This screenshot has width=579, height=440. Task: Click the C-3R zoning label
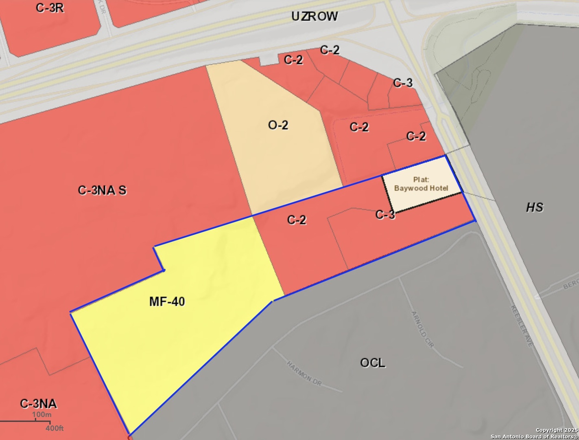point(50,8)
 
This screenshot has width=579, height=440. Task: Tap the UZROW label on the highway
point(315,16)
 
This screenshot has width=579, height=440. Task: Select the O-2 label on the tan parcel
point(278,125)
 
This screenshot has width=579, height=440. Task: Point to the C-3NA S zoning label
point(102,190)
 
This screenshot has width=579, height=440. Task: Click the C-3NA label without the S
point(39,404)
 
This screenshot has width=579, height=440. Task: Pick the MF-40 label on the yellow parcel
point(167,301)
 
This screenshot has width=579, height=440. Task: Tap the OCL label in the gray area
point(372,363)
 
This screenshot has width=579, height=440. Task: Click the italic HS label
point(534,207)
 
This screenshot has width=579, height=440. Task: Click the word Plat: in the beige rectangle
point(422,180)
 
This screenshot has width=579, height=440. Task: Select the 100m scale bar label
point(42,415)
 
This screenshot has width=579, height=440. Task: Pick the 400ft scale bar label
point(54,428)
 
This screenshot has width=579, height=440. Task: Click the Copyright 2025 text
point(556,430)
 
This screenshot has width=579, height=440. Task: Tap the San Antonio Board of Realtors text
point(534,437)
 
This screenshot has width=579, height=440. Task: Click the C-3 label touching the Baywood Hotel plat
point(385,215)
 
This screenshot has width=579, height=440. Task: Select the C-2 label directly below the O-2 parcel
point(297,220)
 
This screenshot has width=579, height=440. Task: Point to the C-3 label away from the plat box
point(403,83)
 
